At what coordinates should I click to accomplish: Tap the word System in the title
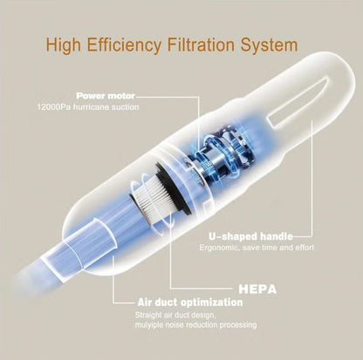click(267, 44)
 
